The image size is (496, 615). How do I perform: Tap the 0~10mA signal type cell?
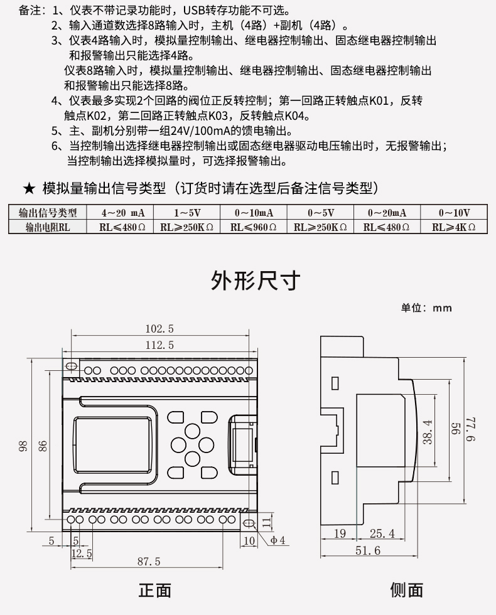point(254,213)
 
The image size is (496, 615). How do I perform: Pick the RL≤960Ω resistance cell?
point(254,227)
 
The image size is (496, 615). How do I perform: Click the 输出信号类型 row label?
point(48,213)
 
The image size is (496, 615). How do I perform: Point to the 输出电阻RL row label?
point(48,227)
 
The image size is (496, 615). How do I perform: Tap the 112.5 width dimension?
point(159,345)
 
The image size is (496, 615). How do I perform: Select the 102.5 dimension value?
point(159,328)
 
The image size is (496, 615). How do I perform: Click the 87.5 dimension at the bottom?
point(149,561)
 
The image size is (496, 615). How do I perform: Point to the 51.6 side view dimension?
point(368,550)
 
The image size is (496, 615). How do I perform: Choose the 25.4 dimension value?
point(382,534)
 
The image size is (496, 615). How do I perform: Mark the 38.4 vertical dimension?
point(428,432)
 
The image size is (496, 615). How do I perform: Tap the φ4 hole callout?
point(278,540)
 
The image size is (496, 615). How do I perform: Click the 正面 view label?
point(154,590)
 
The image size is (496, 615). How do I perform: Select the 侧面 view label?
point(406,590)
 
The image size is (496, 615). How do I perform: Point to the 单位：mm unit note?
point(426,307)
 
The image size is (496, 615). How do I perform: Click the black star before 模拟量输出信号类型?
point(28,188)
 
